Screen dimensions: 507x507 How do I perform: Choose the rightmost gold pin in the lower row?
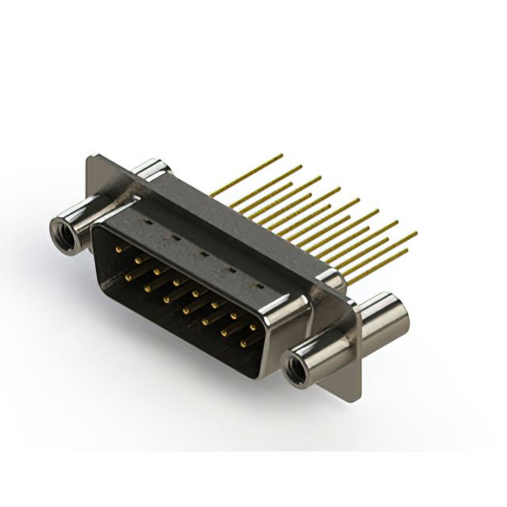(x=245, y=341)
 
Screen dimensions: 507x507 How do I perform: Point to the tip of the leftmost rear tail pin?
(x=280, y=155)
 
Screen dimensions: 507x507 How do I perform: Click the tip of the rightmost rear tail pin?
(x=415, y=234)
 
